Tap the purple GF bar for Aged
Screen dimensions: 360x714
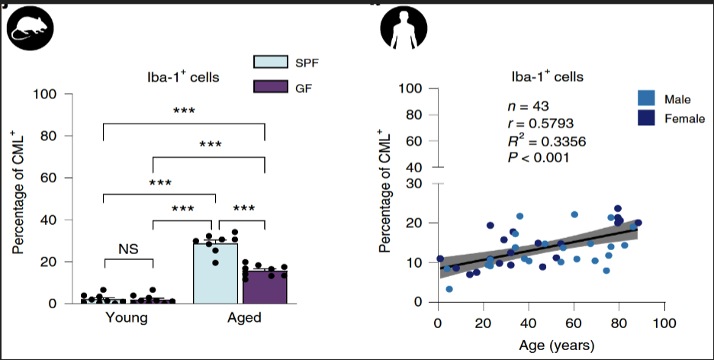[x=264, y=286]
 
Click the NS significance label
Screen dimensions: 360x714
[x=128, y=248]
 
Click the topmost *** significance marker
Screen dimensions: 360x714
[x=183, y=111]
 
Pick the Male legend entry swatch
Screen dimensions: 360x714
[x=647, y=98]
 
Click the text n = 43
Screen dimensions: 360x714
[x=529, y=105]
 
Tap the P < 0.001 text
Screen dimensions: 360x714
[x=539, y=157]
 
